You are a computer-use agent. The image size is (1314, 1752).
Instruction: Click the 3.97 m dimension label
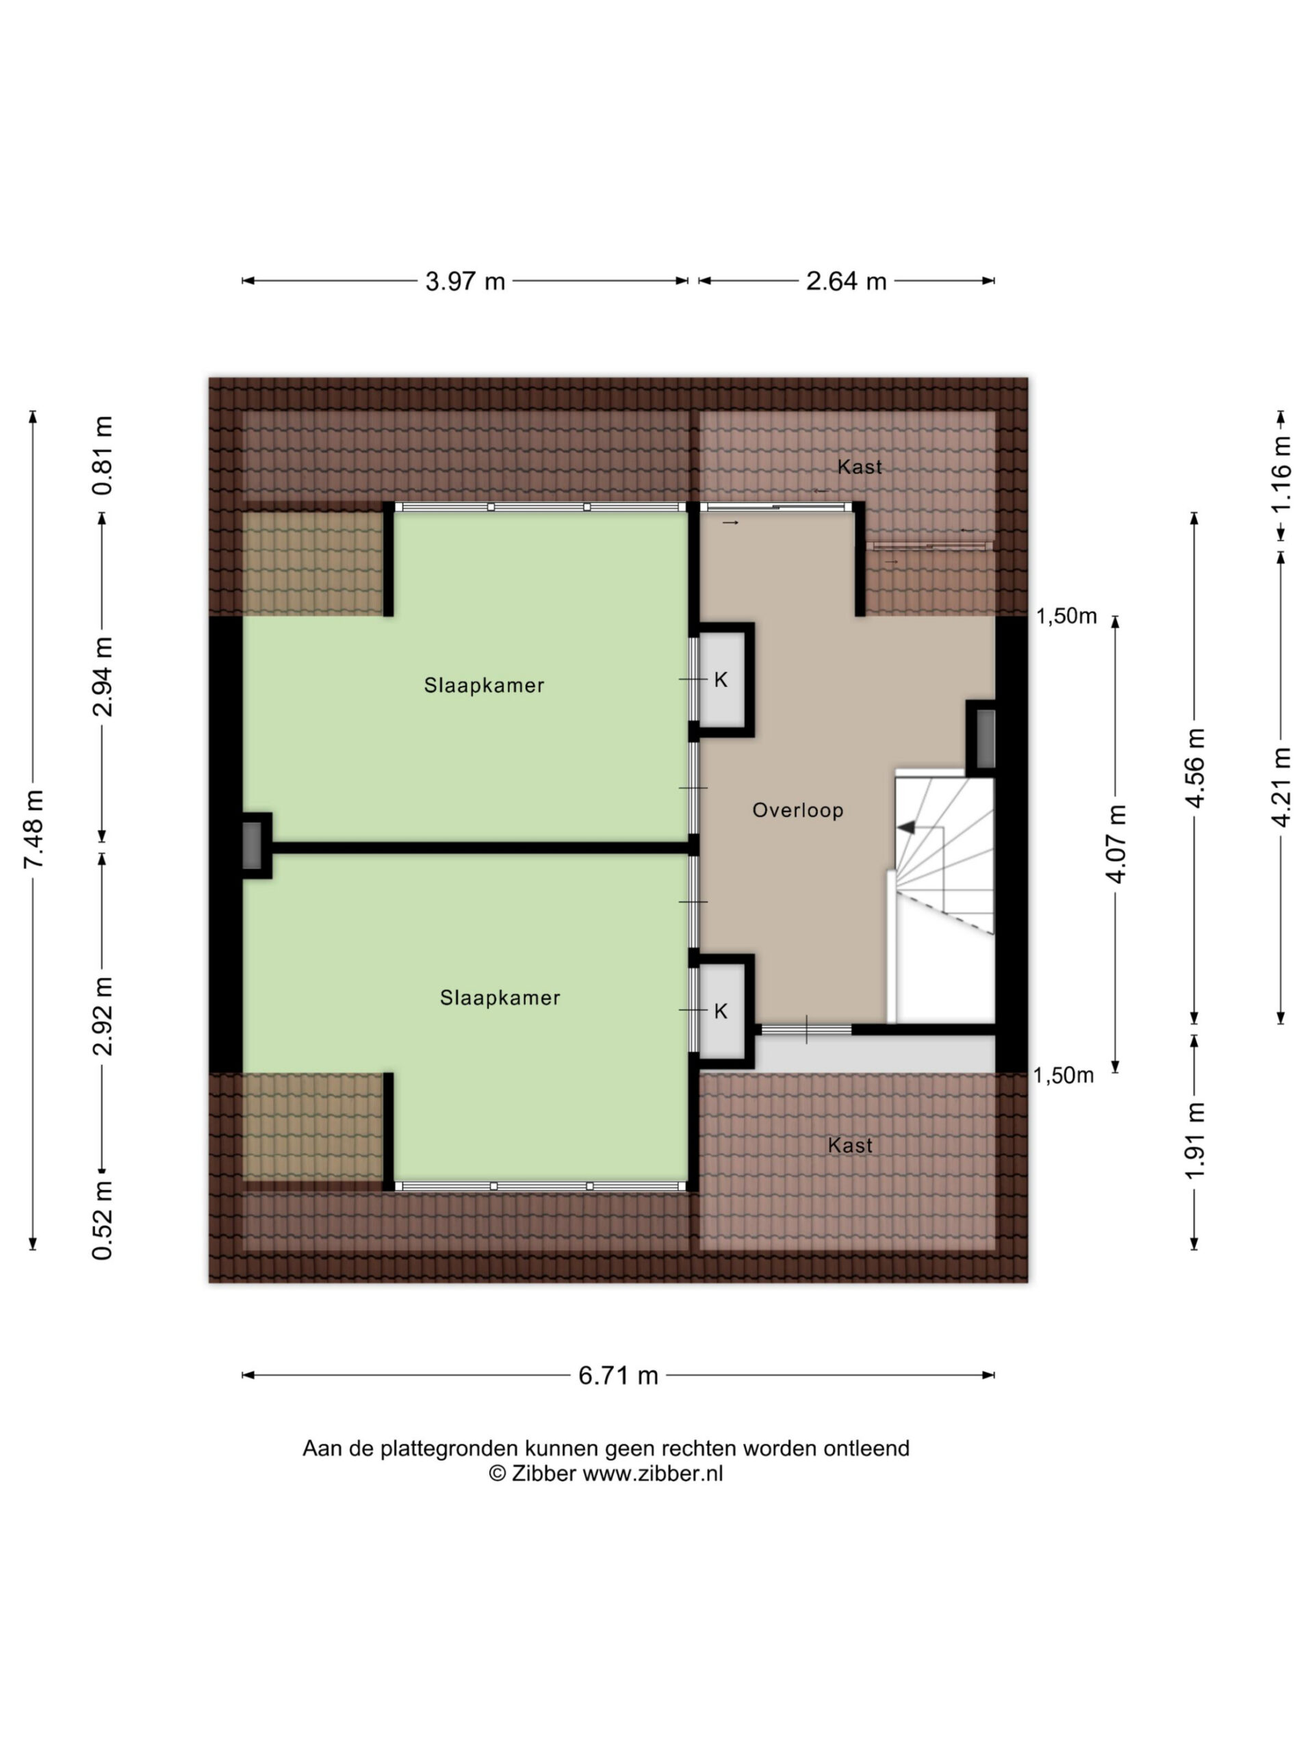point(465,281)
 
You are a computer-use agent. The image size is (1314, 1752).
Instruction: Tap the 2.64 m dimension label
point(846,281)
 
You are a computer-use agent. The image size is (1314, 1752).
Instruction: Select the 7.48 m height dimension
point(34,829)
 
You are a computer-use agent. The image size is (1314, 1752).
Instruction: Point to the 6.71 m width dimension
point(618,1375)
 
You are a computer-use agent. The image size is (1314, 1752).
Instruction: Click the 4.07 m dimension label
point(1116,845)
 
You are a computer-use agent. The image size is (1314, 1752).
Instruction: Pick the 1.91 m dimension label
point(1194,1141)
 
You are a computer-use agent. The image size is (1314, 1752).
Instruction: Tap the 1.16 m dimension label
point(1280,474)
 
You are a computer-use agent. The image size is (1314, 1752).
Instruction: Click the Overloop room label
point(797,810)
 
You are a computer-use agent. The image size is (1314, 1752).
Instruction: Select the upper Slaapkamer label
point(484,685)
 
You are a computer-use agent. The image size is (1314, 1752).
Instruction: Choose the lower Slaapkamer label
point(500,998)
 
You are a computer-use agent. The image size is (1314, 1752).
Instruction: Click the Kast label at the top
point(860,467)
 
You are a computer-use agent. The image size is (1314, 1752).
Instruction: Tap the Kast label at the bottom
point(850,1145)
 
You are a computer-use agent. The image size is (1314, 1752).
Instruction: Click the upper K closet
point(721,680)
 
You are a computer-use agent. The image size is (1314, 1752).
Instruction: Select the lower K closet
point(721,1012)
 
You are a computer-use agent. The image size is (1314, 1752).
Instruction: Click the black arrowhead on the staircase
point(905,827)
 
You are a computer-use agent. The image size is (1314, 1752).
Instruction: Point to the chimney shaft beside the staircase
point(985,739)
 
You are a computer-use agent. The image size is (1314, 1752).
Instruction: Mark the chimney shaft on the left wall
point(251,845)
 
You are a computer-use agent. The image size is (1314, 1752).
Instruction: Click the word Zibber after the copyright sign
point(543,1473)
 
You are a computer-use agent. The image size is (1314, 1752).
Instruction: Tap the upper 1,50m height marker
point(1066,615)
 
